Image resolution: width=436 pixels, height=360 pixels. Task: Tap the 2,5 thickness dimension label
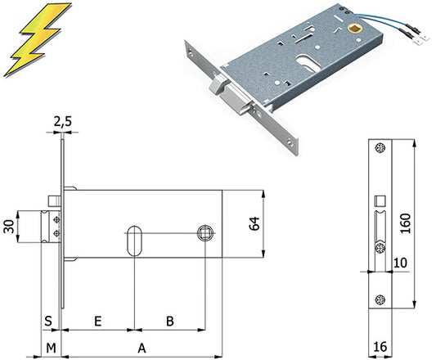62,122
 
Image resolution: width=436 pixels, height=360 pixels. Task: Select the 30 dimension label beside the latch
9,226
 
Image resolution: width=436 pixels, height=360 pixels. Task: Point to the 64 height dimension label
254,223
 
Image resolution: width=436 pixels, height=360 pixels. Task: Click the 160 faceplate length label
406,223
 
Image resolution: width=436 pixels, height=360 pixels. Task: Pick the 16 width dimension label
380,347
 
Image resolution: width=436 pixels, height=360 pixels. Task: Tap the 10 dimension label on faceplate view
400,263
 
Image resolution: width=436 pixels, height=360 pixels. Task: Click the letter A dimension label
142,348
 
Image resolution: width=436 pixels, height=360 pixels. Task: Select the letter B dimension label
170,321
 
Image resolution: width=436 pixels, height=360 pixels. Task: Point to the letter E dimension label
97,322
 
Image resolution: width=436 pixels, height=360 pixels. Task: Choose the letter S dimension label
48,321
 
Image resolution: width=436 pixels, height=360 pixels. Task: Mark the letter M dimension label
52,348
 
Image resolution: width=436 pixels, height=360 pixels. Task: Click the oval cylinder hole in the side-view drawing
135,241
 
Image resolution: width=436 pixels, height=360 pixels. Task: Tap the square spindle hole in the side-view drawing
206,233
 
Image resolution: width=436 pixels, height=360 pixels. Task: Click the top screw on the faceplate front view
380,148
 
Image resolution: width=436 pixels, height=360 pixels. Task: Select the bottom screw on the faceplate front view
380,300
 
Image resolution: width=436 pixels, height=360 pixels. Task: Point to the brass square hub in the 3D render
355,29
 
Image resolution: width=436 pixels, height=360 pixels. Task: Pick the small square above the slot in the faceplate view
380,201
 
